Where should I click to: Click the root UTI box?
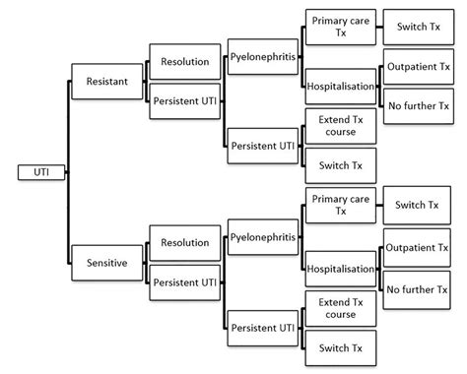(41, 172)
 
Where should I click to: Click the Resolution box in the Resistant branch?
(184, 61)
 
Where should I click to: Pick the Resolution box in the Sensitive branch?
(184, 242)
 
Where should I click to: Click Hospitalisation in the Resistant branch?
(340, 87)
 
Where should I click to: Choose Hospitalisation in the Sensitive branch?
(340, 268)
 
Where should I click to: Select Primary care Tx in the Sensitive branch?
(340, 206)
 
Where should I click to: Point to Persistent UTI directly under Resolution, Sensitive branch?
(184, 281)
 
